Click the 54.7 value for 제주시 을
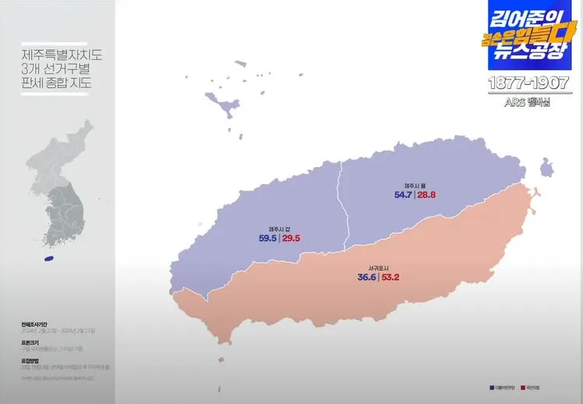(x=402, y=195)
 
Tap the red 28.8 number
(x=426, y=195)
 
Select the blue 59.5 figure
(x=268, y=238)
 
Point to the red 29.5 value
(x=291, y=238)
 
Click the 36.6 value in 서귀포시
(x=367, y=277)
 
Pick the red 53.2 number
(x=391, y=277)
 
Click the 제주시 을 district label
(x=414, y=185)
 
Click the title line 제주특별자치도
(x=62, y=55)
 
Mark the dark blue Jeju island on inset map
(x=49, y=258)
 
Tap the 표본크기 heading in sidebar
(x=30, y=342)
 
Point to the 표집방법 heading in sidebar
(x=30, y=360)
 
